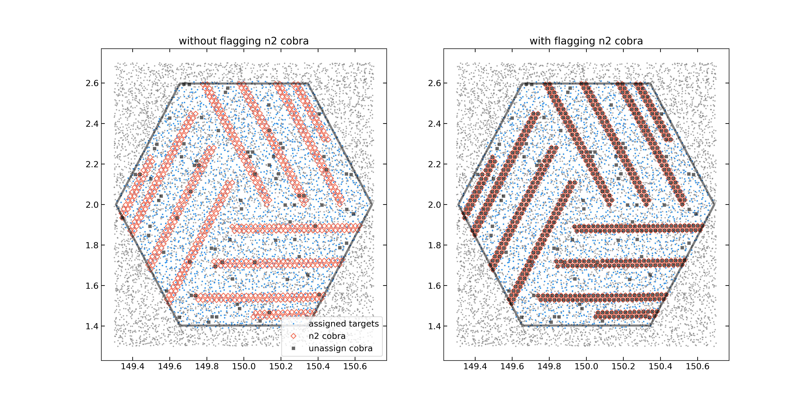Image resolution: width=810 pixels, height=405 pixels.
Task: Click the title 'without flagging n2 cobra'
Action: click(x=244, y=41)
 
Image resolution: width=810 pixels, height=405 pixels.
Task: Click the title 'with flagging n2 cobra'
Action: click(x=586, y=41)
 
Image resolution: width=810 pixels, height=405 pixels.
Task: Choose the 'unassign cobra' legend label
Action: click(x=341, y=348)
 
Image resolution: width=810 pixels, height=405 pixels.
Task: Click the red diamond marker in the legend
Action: click(x=293, y=336)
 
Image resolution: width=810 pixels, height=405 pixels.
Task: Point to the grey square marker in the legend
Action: click(x=293, y=348)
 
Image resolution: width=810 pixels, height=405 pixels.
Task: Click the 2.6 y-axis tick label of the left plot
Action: click(x=92, y=83)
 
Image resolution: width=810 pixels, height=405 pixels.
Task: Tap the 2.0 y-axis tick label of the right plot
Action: click(x=434, y=205)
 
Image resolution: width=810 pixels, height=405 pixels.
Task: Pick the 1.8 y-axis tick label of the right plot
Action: click(x=434, y=245)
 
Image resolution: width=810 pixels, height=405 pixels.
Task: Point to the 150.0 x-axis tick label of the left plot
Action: click(x=244, y=367)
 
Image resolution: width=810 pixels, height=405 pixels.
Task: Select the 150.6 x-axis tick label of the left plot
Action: click(x=355, y=367)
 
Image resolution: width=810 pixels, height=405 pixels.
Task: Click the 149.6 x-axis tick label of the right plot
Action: click(x=512, y=367)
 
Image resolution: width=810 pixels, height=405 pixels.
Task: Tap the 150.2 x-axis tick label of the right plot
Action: click(x=623, y=367)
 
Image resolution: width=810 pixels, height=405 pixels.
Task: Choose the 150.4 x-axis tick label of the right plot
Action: click(x=660, y=367)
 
